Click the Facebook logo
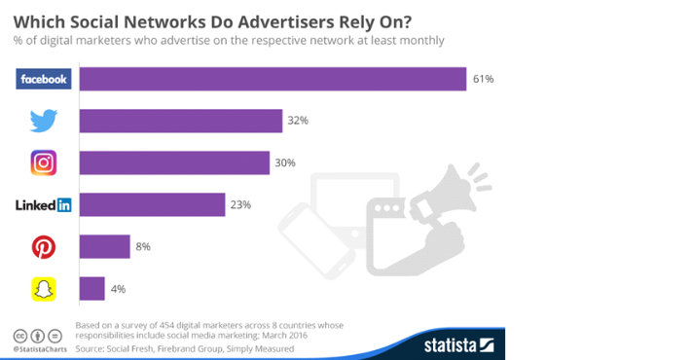[44, 79]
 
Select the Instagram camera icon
[44, 162]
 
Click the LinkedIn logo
[44, 204]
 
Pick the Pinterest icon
[44, 247]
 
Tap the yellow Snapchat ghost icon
[44, 289]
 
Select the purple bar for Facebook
[272, 79]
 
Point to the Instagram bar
[173, 162]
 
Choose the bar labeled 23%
[152, 204]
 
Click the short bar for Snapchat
[91, 289]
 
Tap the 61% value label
[483, 79]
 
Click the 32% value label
[297, 121]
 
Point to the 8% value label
[143, 247]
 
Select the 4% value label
[118, 289]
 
